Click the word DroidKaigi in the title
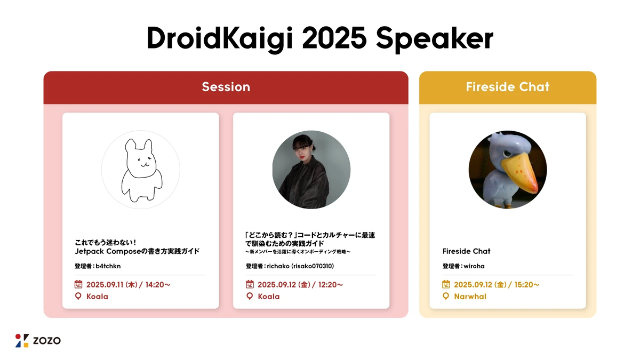220,38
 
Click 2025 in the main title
334,38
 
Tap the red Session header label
226,87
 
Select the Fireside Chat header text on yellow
508,87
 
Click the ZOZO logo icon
22,341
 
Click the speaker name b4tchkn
108,266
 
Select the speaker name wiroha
474,266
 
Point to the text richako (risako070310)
300,266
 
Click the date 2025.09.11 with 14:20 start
129,285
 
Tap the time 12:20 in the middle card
330,285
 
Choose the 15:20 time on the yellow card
527,285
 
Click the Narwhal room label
470,297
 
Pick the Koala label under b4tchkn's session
97,297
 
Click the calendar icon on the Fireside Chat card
446,284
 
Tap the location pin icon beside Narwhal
446,297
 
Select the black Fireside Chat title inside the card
466,251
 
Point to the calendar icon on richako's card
250,284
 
